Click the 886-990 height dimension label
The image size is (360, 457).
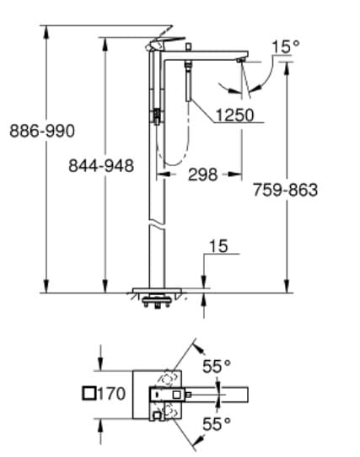click(x=42, y=131)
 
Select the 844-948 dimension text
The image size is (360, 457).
click(x=101, y=165)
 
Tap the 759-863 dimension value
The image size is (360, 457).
click(x=286, y=190)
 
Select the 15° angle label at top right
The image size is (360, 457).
click(x=284, y=46)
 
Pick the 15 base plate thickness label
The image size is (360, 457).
click(x=218, y=246)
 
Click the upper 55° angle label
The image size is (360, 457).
click(x=216, y=366)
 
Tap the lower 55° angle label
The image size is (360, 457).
click(x=216, y=424)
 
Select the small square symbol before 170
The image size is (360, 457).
click(x=90, y=393)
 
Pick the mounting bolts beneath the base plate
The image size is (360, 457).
click(x=156, y=302)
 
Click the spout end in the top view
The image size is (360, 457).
click(x=244, y=394)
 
